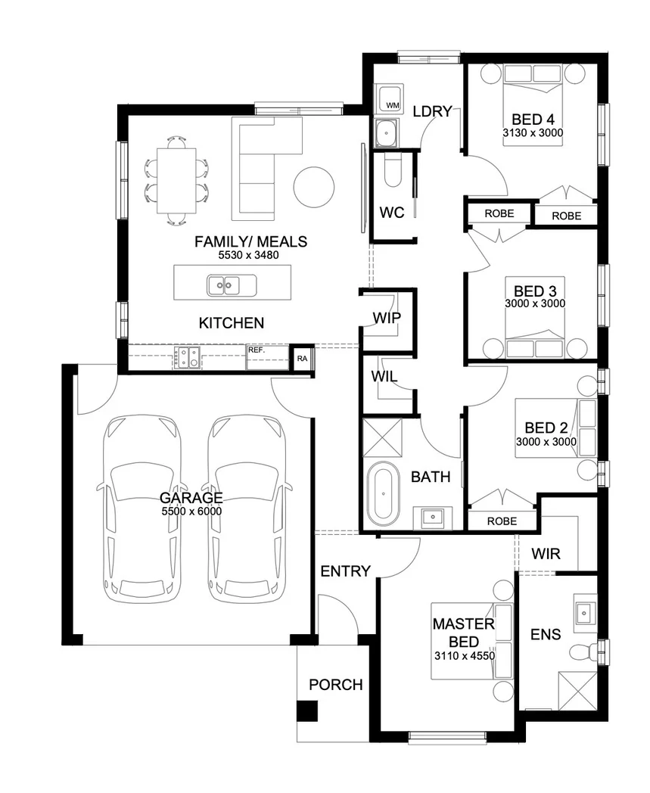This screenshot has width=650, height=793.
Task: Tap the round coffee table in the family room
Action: (313, 187)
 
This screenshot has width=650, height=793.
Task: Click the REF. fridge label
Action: (257, 350)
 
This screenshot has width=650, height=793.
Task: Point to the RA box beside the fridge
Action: (302, 359)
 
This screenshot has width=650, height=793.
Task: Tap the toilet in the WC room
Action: (393, 170)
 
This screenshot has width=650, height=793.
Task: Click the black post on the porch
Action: (307, 711)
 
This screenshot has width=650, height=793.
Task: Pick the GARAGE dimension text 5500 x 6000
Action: (191, 512)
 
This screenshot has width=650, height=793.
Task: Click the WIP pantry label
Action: (387, 318)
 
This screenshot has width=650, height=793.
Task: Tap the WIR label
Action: (546, 554)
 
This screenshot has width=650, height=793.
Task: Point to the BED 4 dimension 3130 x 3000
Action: (533, 133)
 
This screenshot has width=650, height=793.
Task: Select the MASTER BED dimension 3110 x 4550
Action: (465, 656)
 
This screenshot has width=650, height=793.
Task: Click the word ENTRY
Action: (346, 571)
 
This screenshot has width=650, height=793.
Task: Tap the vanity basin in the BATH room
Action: (433, 518)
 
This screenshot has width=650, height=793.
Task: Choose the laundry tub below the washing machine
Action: (387, 133)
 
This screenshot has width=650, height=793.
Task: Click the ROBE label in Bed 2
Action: (502, 521)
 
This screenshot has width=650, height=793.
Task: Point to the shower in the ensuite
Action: (577, 691)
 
